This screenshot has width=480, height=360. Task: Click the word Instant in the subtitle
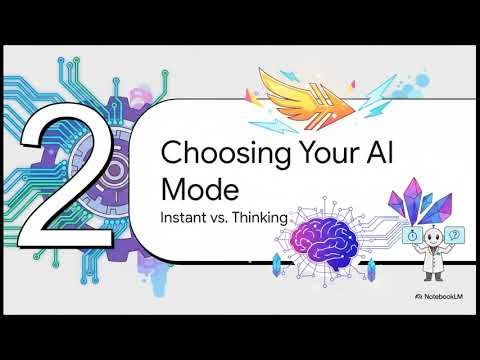[184, 215]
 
